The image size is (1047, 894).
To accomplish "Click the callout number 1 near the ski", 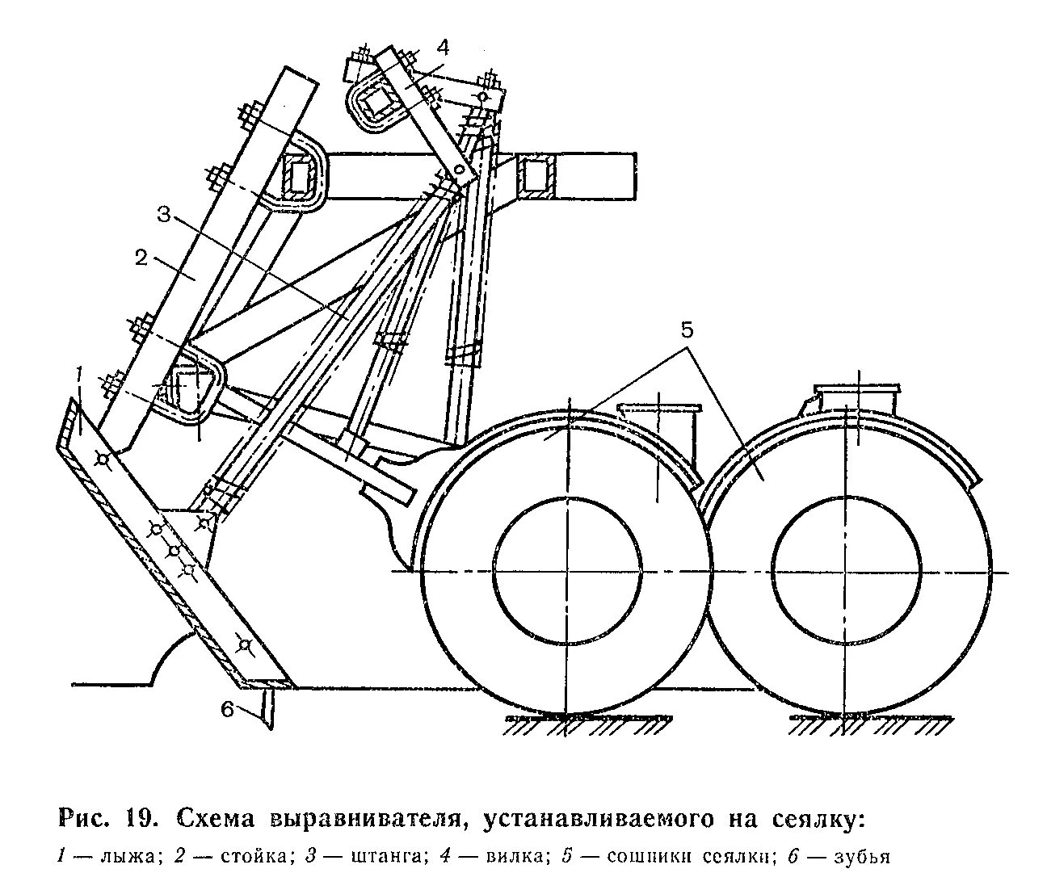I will pyautogui.click(x=78, y=374).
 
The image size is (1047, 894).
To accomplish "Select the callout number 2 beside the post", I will pyautogui.click(x=141, y=258).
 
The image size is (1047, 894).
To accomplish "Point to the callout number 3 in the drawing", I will pyautogui.click(x=164, y=216).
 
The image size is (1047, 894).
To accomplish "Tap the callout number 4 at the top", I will pyautogui.click(x=442, y=46).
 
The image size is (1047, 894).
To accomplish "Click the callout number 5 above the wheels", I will pyautogui.click(x=686, y=330).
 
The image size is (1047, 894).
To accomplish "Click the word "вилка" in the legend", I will pyautogui.click(x=515, y=857).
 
